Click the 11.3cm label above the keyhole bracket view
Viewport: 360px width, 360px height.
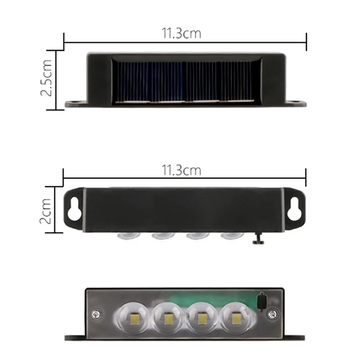181,171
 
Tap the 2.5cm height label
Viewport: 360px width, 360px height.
46,79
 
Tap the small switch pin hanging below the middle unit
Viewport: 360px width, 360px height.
258,239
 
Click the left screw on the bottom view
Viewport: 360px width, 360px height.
96,314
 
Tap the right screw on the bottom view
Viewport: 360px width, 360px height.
272,313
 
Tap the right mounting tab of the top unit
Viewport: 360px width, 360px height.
297,103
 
